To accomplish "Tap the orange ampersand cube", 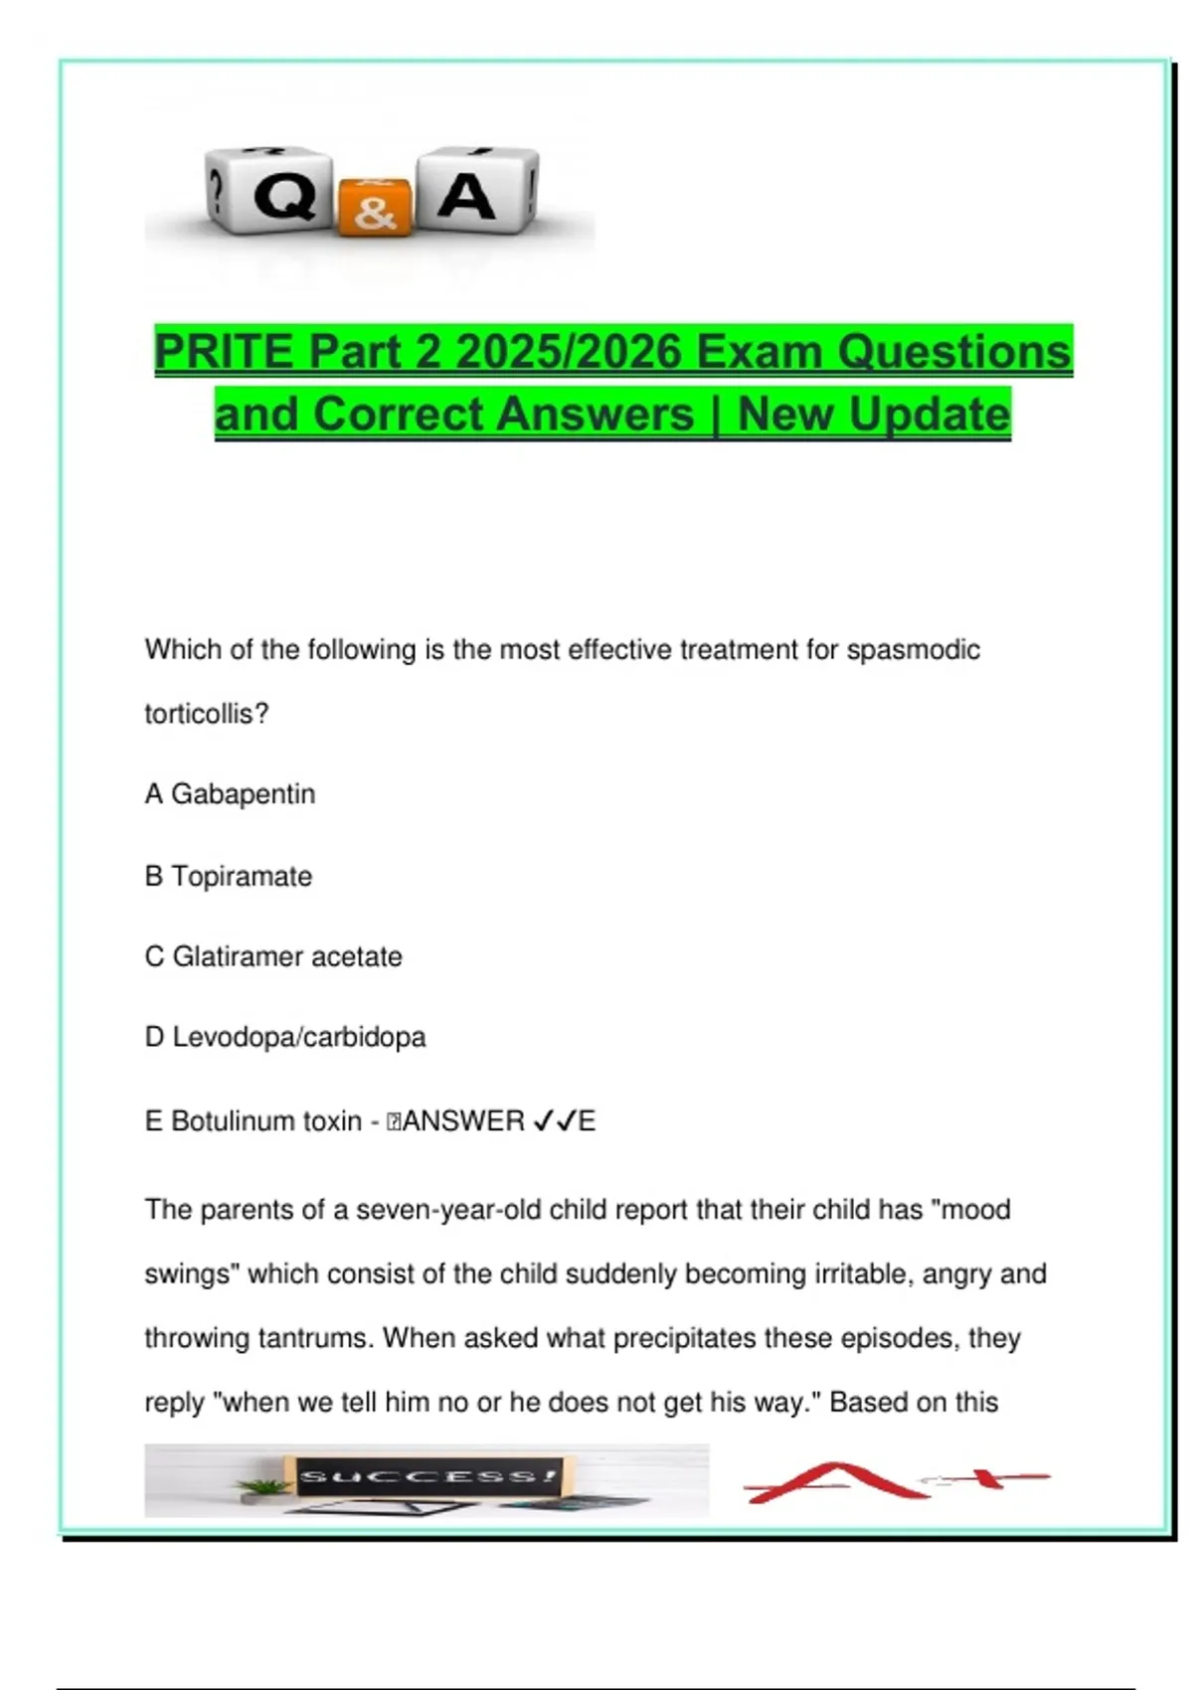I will click(x=375, y=207).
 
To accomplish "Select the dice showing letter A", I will click(x=475, y=190).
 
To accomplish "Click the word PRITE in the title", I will click(x=224, y=352).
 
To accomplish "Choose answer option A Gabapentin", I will click(x=230, y=794).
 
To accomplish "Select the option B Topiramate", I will click(x=229, y=877).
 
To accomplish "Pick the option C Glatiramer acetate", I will click(x=273, y=957).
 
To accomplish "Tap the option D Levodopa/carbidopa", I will click(x=285, y=1038).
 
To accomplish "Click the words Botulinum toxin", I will click(x=265, y=1121).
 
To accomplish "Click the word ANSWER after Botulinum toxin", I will click(x=462, y=1121).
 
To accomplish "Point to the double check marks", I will click(x=555, y=1121).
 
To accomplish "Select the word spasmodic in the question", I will click(x=913, y=650).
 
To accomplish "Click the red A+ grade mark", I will click(x=895, y=1481).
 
